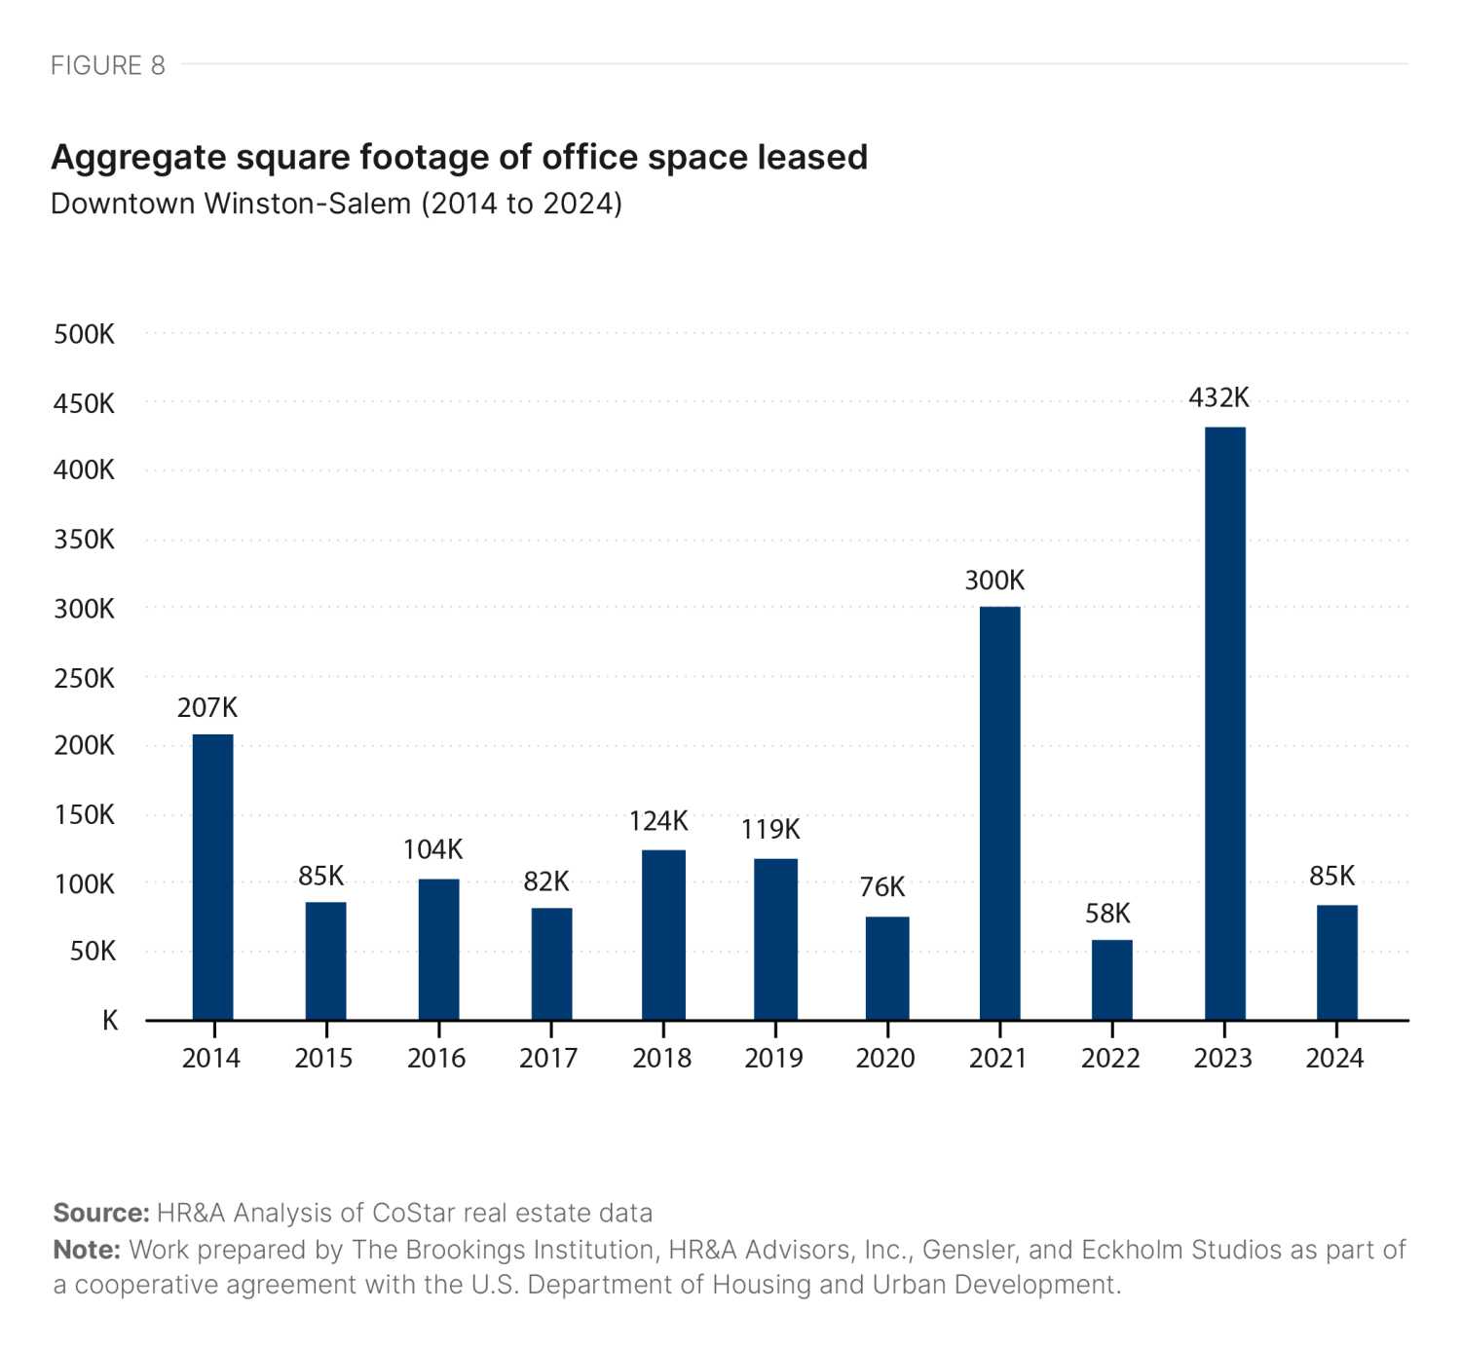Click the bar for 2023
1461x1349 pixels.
pyautogui.click(x=1224, y=723)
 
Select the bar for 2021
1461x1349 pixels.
pyautogui.click(x=999, y=812)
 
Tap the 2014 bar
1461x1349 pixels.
pyautogui.click(x=212, y=877)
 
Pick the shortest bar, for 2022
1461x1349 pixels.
pyautogui.click(x=1111, y=979)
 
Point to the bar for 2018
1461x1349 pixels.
pyautogui.click(x=663, y=934)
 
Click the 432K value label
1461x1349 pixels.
pyautogui.click(x=1218, y=397)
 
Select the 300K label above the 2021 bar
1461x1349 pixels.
pyautogui.click(x=994, y=581)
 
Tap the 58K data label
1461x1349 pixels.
pyautogui.click(x=1107, y=914)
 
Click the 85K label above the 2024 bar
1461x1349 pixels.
pyautogui.click(x=1331, y=876)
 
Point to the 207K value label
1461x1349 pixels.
pyautogui.click(x=206, y=707)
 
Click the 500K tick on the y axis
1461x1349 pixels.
pyautogui.click(x=85, y=334)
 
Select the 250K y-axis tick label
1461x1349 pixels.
pyautogui.click(x=85, y=678)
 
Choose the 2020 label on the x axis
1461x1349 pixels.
pyautogui.click(x=885, y=1058)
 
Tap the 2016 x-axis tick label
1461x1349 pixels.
pyautogui.click(x=436, y=1058)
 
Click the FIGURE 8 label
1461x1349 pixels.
pyautogui.click(x=108, y=65)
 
